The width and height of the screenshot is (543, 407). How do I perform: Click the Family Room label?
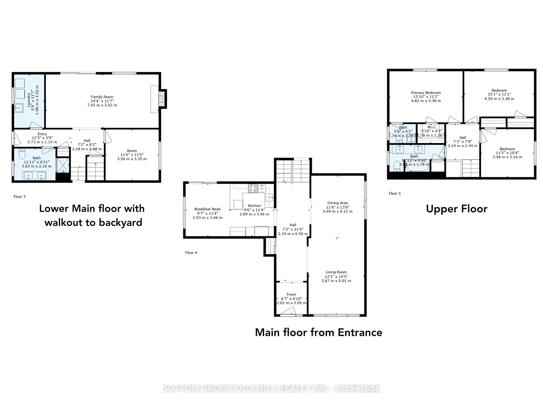[102, 97]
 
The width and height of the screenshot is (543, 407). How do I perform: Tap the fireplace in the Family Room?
[161, 99]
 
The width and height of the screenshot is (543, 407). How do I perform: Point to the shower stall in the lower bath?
[63, 165]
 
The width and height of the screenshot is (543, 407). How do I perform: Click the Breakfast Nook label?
[207, 209]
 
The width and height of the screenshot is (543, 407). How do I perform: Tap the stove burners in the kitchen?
[253, 188]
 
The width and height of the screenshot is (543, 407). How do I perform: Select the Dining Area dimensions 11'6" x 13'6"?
[337, 207]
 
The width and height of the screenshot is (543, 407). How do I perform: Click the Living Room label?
[336, 272]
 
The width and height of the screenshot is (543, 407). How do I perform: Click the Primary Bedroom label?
[426, 93]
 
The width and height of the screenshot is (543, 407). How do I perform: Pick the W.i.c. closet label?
[432, 127]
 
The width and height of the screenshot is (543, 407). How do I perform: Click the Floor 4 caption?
[191, 253]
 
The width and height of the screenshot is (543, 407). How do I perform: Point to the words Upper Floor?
[456, 209]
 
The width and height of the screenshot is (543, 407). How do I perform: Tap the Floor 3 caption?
[20, 197]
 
